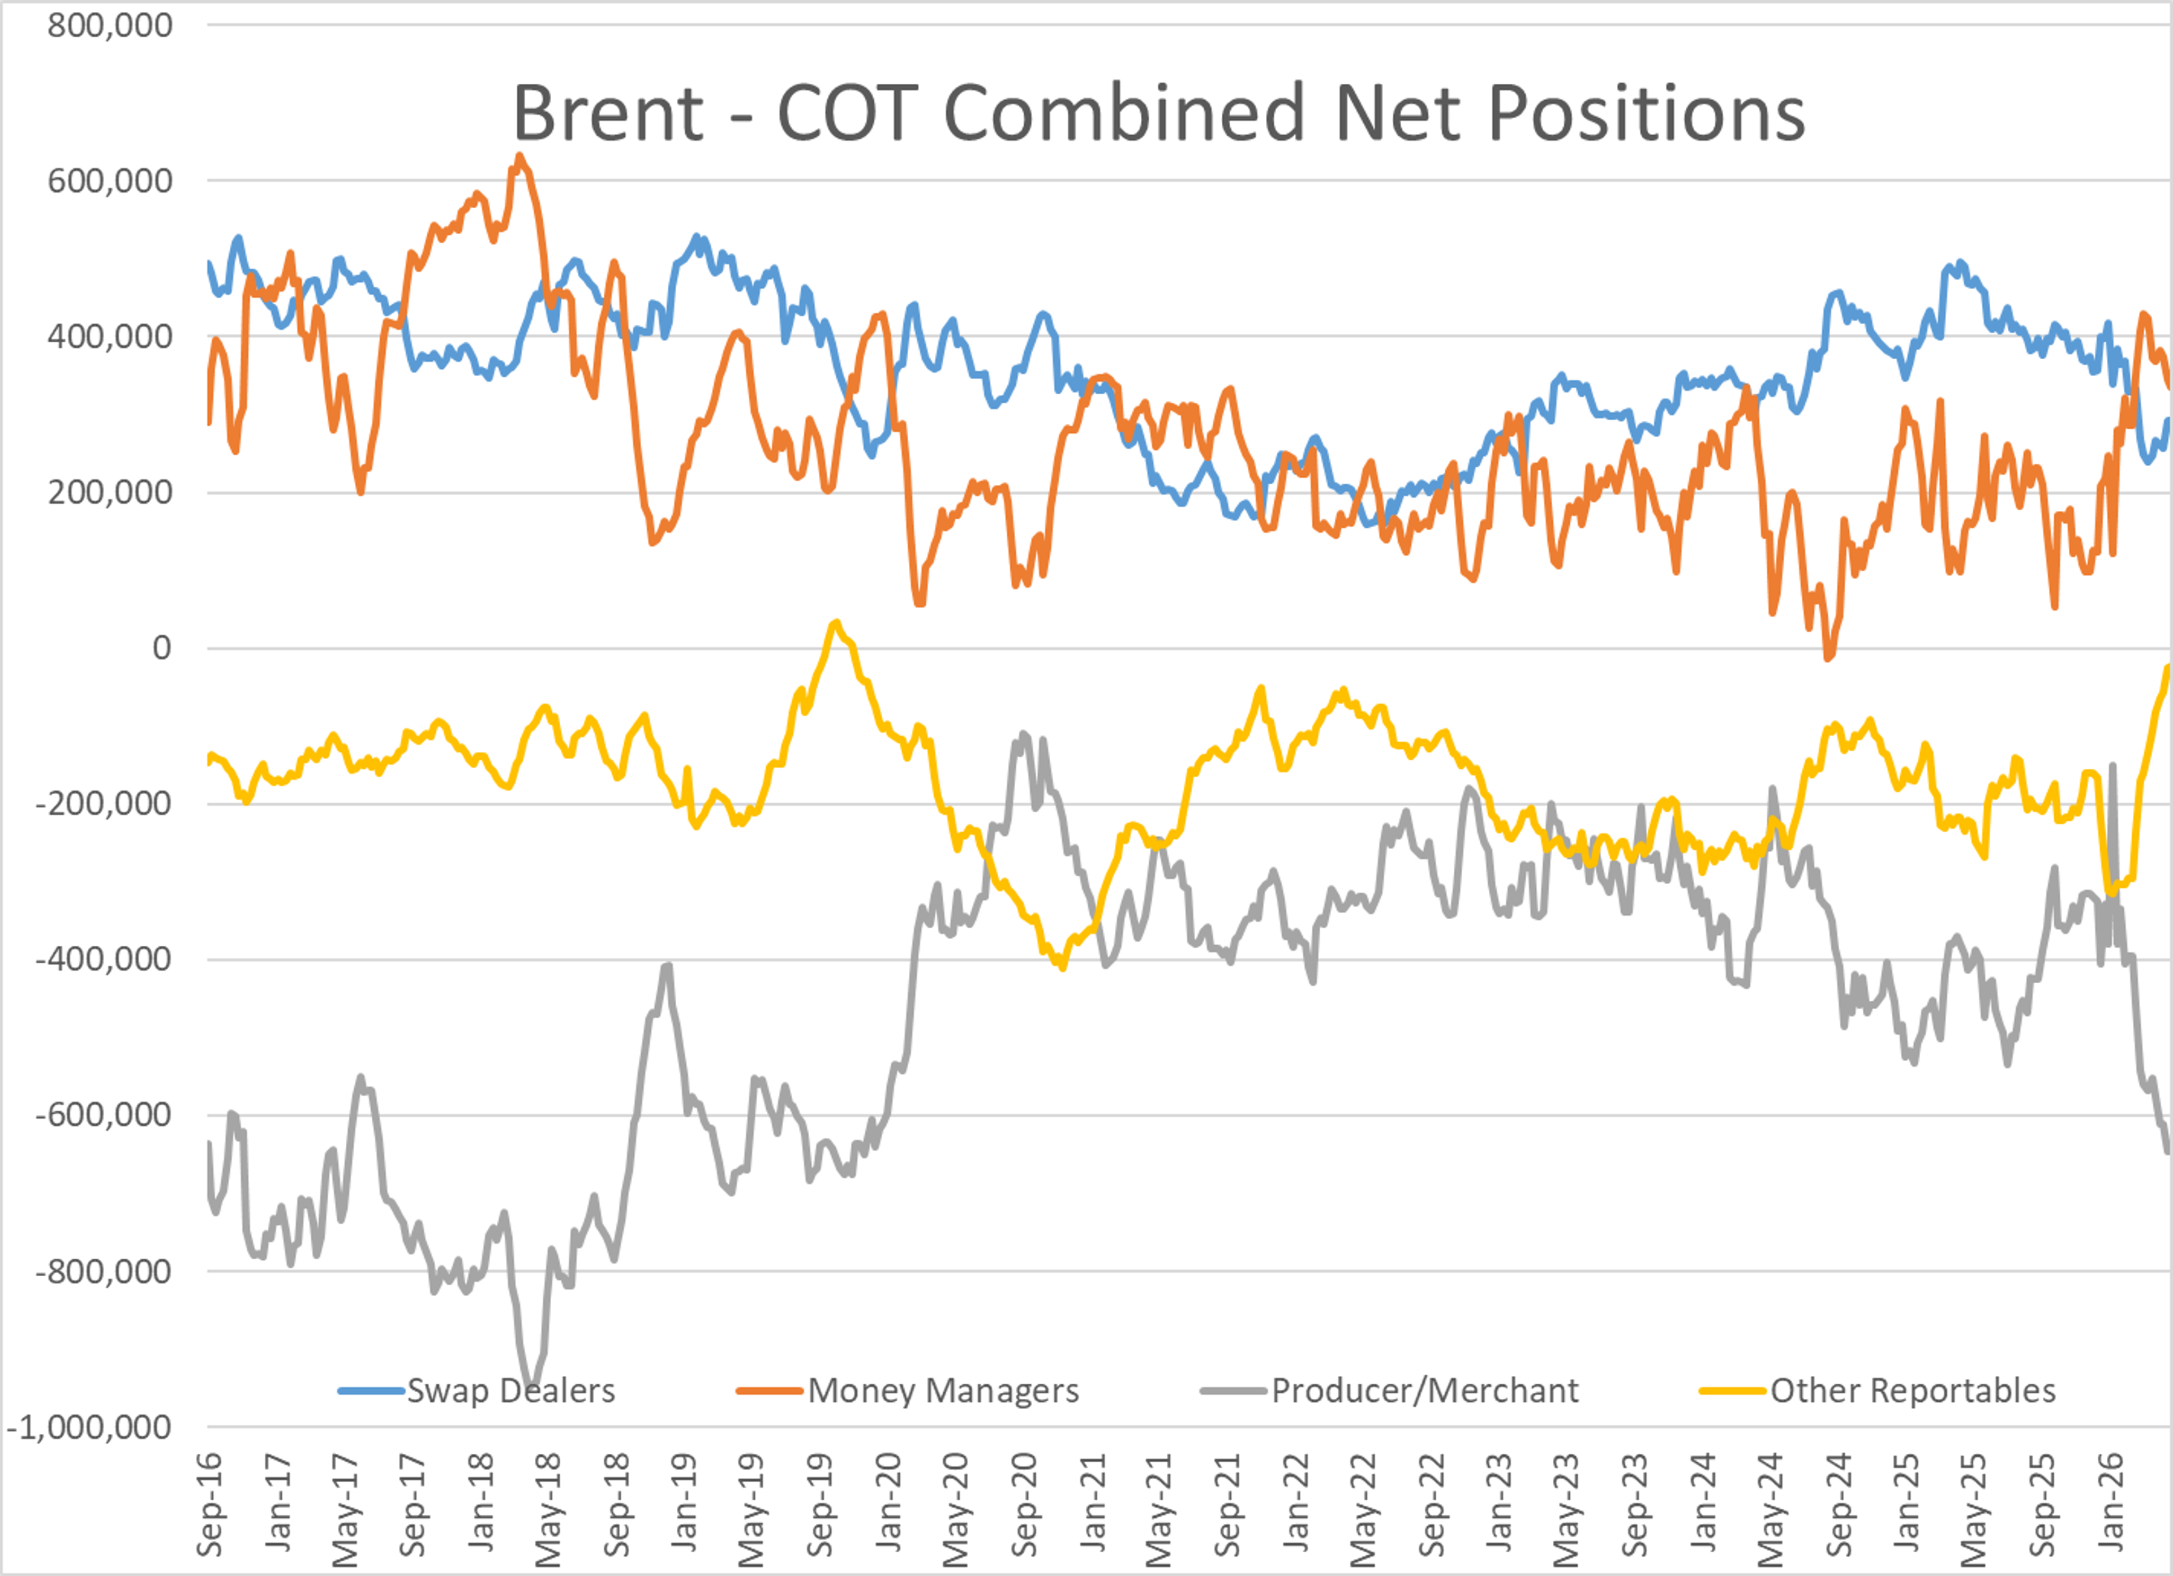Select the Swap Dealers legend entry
476,1390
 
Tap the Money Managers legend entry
907,1390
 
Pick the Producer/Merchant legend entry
1389,1390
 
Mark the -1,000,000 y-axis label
89,1427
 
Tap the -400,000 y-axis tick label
104,959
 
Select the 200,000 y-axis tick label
110,493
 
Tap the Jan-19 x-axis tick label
684,1502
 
